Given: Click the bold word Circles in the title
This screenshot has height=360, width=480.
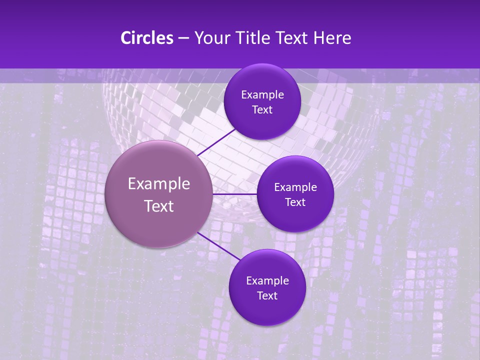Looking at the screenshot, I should [146, 38].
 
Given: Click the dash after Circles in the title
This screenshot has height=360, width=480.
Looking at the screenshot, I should [183, 38].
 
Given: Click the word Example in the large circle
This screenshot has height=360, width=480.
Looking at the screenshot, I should [159, 184].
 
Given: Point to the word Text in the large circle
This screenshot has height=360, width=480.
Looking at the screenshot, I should [159, 206].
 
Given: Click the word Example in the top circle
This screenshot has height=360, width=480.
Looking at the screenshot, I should [262, 95].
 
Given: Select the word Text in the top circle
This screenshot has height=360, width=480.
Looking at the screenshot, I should [262, 110].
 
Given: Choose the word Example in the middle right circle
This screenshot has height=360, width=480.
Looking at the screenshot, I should [295, 187].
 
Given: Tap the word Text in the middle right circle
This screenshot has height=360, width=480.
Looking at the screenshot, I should [295, 202].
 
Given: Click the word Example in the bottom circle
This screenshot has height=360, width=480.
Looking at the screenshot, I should [267, 281].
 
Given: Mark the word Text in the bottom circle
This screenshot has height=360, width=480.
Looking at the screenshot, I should [267, 296].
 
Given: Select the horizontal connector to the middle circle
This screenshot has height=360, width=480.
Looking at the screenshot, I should [235, 194].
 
